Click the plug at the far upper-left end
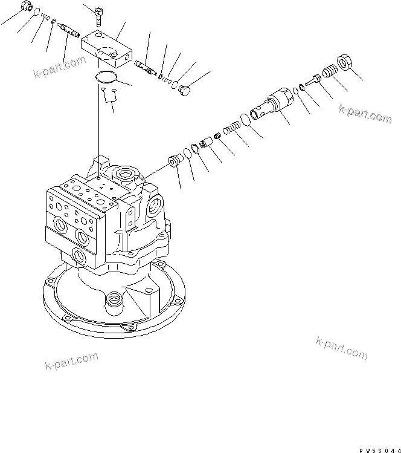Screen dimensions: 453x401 click(x=26, y=7)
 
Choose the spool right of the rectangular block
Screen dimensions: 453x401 click(x=147, y=66)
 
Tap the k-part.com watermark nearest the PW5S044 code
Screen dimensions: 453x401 click(x=341, y=347)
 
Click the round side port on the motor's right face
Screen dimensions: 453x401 click(x=154, y=207)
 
